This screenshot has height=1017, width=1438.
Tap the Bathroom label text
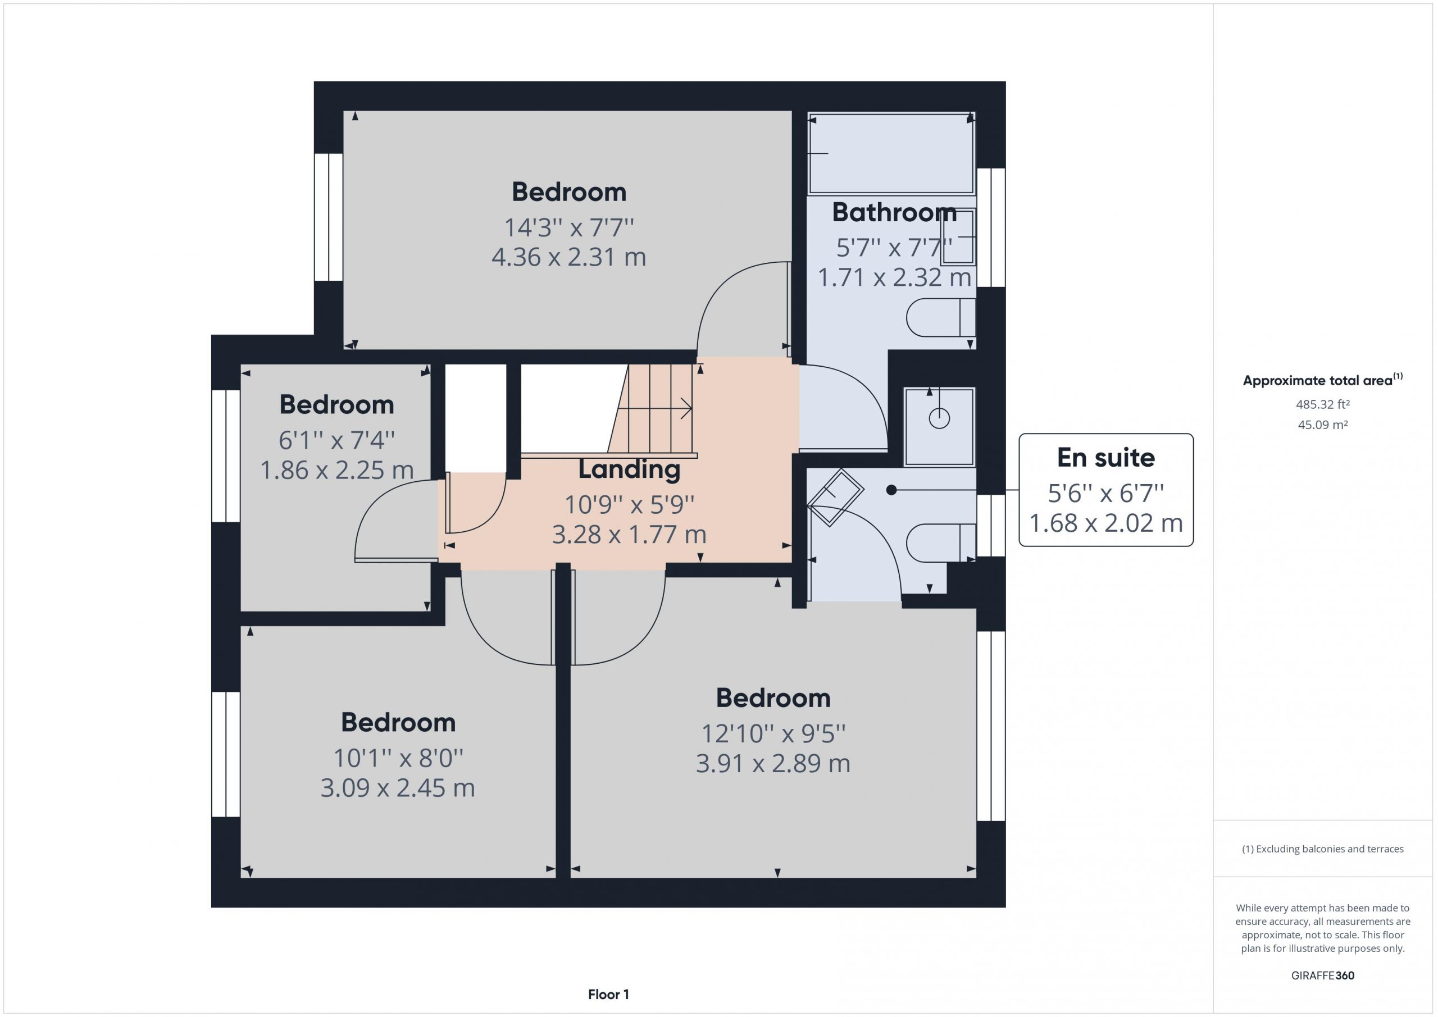[894, 212]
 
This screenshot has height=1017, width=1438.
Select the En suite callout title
[1105, 458]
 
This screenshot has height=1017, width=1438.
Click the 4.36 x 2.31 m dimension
[568, 257]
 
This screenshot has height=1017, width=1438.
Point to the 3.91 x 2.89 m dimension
[773, 763]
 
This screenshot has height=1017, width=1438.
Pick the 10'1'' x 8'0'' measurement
[398, 758]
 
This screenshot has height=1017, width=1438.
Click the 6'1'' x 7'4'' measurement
[336, 440]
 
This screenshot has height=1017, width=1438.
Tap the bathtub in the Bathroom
[891, 153]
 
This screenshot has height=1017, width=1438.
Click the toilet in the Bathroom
[941, 317]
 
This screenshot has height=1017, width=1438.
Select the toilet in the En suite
[941, 542]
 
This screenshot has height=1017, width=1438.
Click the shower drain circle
[939, 418]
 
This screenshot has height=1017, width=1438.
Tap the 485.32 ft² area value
[1322, 404]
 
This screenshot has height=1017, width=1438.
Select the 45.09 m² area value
[1322, 425]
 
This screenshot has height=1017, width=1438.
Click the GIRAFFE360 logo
[1322, 975]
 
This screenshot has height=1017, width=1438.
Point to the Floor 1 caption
[608, 994]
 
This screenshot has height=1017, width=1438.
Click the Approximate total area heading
[1322, 380]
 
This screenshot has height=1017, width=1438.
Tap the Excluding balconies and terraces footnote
[1322, 849]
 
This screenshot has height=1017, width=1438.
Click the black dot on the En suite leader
[891, 490]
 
